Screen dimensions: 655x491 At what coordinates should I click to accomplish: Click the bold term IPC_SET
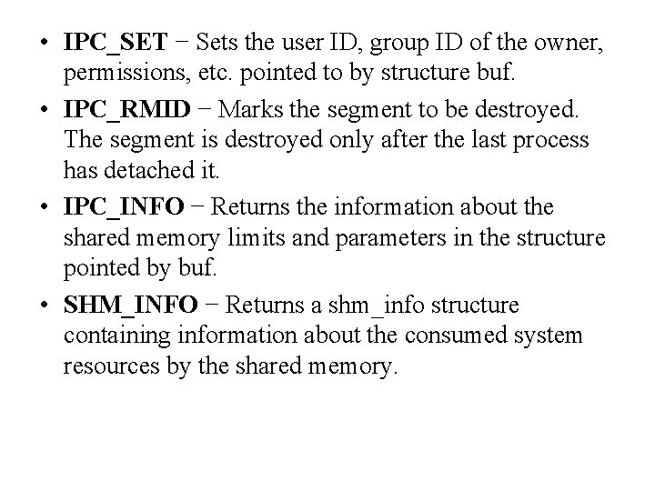pyautogui.click(x=115, y=42)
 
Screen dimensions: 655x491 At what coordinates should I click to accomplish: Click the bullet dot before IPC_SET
pyautogui.click(x=45, y=43)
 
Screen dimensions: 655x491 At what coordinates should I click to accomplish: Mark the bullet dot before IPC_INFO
pyautogui.click(x=45, y=209)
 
